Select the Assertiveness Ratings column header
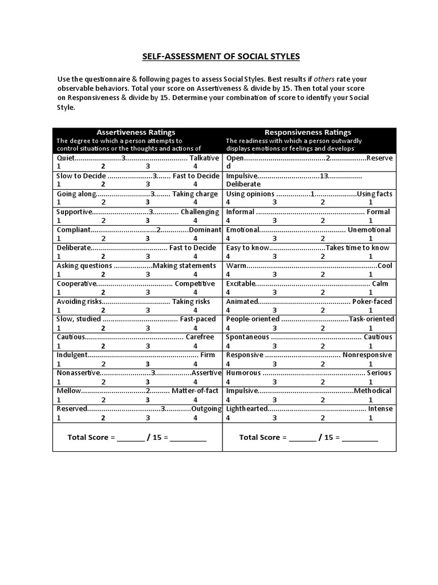point(136,132)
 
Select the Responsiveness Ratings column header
point(308,132)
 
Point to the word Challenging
point(200,211)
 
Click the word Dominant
point(205,230)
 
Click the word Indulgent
point(72,355)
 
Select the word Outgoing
point(206,408)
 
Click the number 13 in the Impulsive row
point(324,176)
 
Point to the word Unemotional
point(370,230)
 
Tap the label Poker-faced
point(372,301)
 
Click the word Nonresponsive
point(367,355)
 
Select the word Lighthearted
point(246,408)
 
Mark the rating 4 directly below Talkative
point(195,166)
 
